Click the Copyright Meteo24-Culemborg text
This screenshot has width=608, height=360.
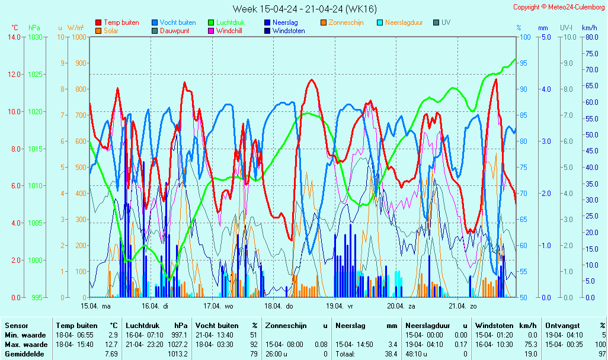559,7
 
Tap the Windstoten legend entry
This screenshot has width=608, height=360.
288,31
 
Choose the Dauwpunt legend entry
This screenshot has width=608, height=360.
175,31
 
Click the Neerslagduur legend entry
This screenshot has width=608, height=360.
404,22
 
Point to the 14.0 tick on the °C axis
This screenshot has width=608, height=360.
13,37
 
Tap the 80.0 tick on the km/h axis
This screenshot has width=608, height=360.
590,37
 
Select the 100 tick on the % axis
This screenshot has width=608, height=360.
524,37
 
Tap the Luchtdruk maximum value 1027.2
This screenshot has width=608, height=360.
178,345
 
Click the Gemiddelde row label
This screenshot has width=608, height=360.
22,354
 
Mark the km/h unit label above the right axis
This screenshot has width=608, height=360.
590,28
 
